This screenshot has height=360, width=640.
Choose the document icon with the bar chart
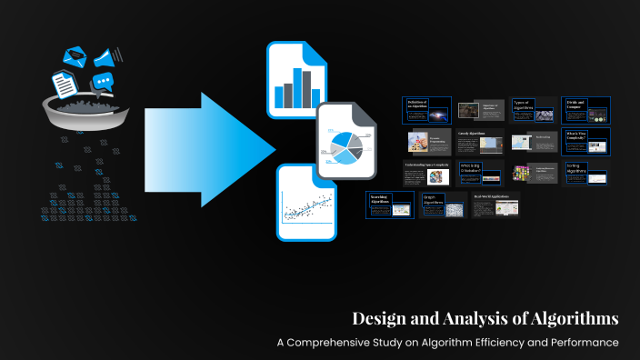pyautogui.click(x=296, y=81)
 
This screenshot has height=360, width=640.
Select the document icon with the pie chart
pyautogui.click(x=345, y=142)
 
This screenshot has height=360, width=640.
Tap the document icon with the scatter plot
pyautogui.click(x=306, y=202)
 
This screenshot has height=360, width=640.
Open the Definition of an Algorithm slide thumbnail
pyautogui.click(x=426, y=110)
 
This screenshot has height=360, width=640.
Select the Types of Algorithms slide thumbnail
pyautogui.click(x=533, y=109)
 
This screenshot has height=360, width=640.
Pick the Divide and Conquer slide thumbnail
pyautogui.click(x=585, y=110)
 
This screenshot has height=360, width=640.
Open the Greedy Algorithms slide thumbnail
pyautogui.click(x=479, y=142)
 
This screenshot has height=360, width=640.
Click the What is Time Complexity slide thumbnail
pyautogui.click(x=585, y=141)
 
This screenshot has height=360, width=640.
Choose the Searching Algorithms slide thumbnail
pyautogui.click(x=390, y=205)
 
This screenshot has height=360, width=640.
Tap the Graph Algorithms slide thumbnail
pyautogui.click(x=443, y=205)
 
